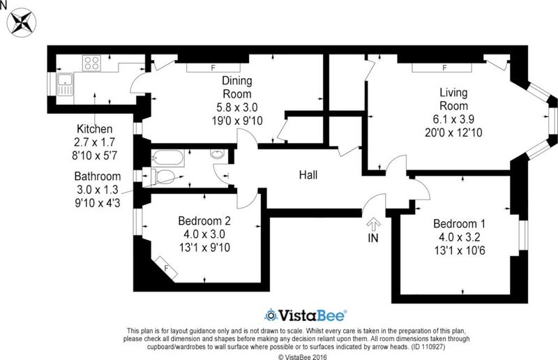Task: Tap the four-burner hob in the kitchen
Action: click(92, 63)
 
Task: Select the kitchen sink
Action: click(64, 84)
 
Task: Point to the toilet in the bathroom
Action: click(163, 177)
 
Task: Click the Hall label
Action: click(308, 175)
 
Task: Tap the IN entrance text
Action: click(373, 238)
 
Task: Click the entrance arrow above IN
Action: click(374, 224)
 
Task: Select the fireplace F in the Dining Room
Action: click(213, 68)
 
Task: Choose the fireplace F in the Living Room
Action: click(442, 68)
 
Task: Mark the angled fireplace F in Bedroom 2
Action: click(165, 268)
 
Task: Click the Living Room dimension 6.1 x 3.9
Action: click(453, 119)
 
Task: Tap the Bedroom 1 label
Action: click(459, 224)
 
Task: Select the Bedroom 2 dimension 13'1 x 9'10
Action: click(204, 248)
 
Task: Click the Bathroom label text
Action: click(98, 177)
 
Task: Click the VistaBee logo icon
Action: click(271, 315)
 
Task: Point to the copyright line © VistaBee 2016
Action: click(303, 357)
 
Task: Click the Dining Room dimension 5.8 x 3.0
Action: click(237, 107)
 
